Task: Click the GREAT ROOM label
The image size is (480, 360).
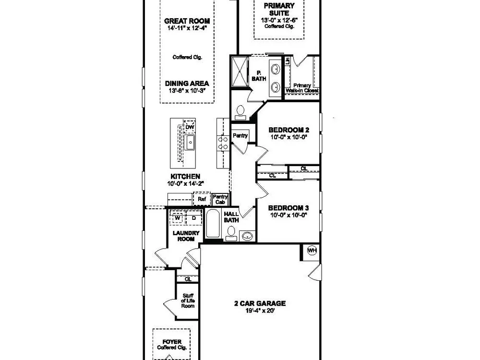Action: click(x=187, y=21)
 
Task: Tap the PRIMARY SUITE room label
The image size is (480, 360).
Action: click(x=279, y=10)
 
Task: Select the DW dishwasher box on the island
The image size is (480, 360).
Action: click(x=190, y=127)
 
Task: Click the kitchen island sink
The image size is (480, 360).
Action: click(x=190, y=143)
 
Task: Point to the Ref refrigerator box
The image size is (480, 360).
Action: click(x=202, y=199)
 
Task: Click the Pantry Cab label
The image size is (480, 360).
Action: click(x=220, y=199)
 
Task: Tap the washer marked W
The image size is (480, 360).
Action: click(x=177, y=218)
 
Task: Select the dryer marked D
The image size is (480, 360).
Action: click(x=194, y=218)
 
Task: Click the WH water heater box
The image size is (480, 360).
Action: click(x=312, y=251)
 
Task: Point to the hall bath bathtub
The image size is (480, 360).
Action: click(x=213, y=224)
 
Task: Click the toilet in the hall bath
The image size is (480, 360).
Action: click(x=231, y=234)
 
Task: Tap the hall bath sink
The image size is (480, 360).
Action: click(x=247, y=236)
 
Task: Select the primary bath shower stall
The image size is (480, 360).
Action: click(x=240, y=72)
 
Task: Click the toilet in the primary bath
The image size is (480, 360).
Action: click(x=240, y=112)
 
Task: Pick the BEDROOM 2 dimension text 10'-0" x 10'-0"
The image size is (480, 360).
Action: click(x=288, y=137)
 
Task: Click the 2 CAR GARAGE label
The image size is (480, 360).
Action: click(x=260, y=303)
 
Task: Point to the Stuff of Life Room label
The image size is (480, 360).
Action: click(x=188, y=300)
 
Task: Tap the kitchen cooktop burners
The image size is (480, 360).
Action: click(x=223, y=143)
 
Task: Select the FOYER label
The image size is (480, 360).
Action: click(x=172, y=342)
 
